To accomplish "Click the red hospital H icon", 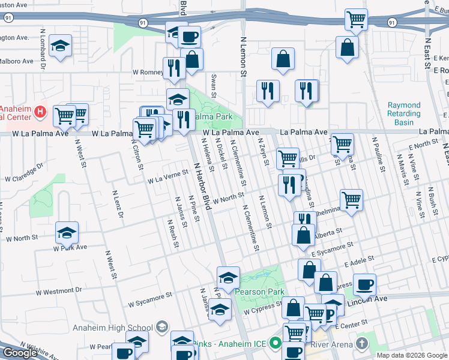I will (40, 112).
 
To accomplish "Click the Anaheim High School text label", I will (112, 328).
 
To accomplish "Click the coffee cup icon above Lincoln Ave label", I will (364, 284).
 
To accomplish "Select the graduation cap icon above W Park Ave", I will (67, 232).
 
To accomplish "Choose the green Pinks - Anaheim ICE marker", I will (276, 344).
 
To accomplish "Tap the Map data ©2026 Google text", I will (412, 355).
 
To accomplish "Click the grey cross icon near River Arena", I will (361, 343).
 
